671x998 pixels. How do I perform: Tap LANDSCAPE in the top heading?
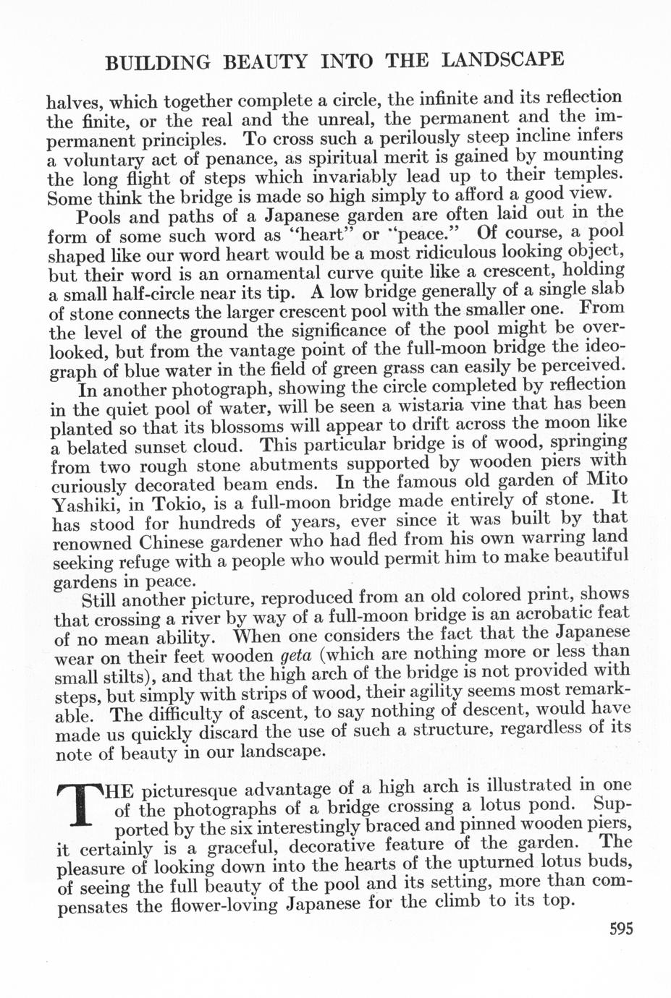pyautogui.click(x=502, y=59)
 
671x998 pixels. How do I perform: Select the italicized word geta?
pyautogui.click(x=296, y=656)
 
